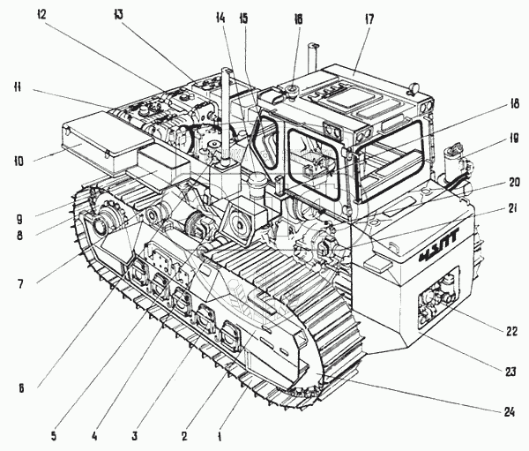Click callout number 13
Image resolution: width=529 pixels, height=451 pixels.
tap(120, 16)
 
